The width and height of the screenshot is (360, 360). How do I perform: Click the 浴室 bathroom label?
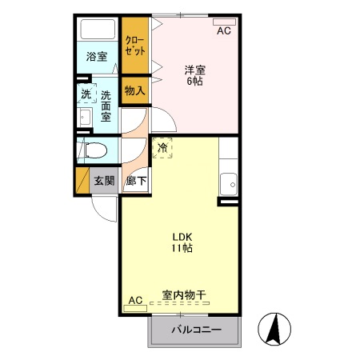[97, 57]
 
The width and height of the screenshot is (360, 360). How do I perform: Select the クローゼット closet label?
[134, 43]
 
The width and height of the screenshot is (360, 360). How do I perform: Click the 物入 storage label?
[134, 90]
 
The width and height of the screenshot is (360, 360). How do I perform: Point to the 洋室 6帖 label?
[195, 75]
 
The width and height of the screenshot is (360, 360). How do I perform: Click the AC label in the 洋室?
[224, 30]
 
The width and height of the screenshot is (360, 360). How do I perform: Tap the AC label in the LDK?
[135, 300]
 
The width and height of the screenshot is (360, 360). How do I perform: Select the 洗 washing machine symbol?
[86, 94]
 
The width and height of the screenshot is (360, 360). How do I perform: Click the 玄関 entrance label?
[103, 181]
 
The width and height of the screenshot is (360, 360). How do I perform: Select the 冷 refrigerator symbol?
[162, 147]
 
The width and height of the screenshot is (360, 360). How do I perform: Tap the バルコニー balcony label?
[194, 330]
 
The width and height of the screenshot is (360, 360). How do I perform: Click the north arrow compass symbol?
[274, 329]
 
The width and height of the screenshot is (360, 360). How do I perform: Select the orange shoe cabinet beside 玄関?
[81, 181]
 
